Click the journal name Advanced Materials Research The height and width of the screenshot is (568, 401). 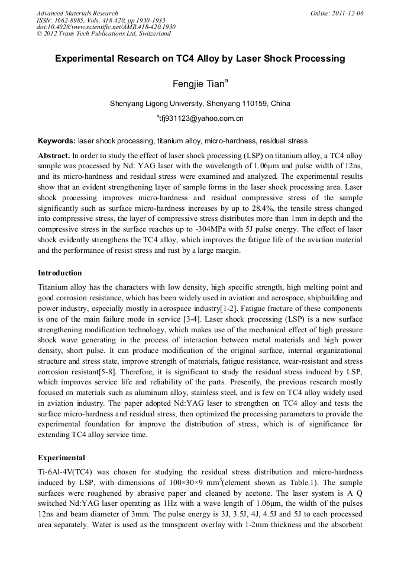coord(77,13)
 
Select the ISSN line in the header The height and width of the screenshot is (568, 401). coord(101,20)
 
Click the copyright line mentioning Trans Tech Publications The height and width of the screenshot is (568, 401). coord(104,34)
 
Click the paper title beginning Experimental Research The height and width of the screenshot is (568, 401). coord(200,59)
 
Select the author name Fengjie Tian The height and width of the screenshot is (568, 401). coord(198,84)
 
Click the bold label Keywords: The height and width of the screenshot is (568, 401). coord(57,142)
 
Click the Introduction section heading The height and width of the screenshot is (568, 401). coord(60,273)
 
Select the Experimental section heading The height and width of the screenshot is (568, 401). coord(62,458)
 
